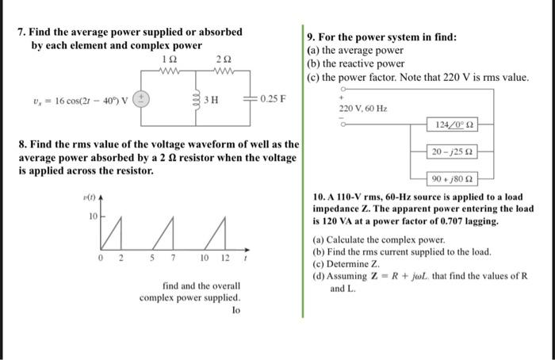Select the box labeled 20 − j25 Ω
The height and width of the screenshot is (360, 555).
pyautogui.click(x=453, y=151)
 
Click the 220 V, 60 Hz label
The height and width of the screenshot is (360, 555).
pyautogui.click(x=362, y=108)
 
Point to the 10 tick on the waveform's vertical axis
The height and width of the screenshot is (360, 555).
pyautogui.click(x=92, y=216)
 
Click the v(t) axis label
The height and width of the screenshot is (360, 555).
pyautogui.click(x=90, y=195)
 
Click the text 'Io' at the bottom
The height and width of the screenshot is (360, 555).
pyautogui.click(x=235, y=311)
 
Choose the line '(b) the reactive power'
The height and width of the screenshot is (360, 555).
pyautogui.click(x=355, y=63)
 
